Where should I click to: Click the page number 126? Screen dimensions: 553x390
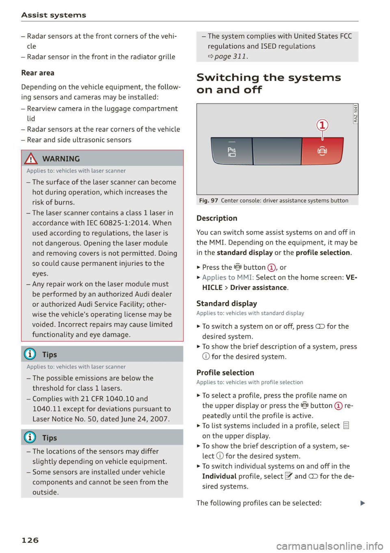(30, 540)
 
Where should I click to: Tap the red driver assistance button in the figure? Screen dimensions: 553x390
(322, 151)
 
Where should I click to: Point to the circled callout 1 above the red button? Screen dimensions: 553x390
(322, 125)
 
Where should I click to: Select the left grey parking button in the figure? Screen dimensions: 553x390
(232, 151)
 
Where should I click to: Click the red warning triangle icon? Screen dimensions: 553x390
(31, 158)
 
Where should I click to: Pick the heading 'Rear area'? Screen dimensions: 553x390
(38, 73)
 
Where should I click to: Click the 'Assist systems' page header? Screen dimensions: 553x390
(54, 15)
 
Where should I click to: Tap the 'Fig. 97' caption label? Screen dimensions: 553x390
(208, 200)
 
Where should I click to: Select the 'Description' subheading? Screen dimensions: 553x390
(217, 218)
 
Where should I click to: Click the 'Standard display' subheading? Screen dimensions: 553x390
(227, 303)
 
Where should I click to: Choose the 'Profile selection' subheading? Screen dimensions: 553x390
(225, 372)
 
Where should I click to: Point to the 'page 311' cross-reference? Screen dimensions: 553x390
(231, 56)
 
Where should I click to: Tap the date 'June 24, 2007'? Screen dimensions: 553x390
(144, 419)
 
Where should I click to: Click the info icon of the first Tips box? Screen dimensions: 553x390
(30, 354)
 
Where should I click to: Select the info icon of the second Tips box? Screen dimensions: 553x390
(30, 437)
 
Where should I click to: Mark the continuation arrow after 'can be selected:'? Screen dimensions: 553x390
(363, 503)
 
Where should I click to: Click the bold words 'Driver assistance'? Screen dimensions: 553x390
(258, 288)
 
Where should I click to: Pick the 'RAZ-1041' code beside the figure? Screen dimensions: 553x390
(355, 114)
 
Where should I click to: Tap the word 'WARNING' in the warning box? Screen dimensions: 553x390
(61, 159)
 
